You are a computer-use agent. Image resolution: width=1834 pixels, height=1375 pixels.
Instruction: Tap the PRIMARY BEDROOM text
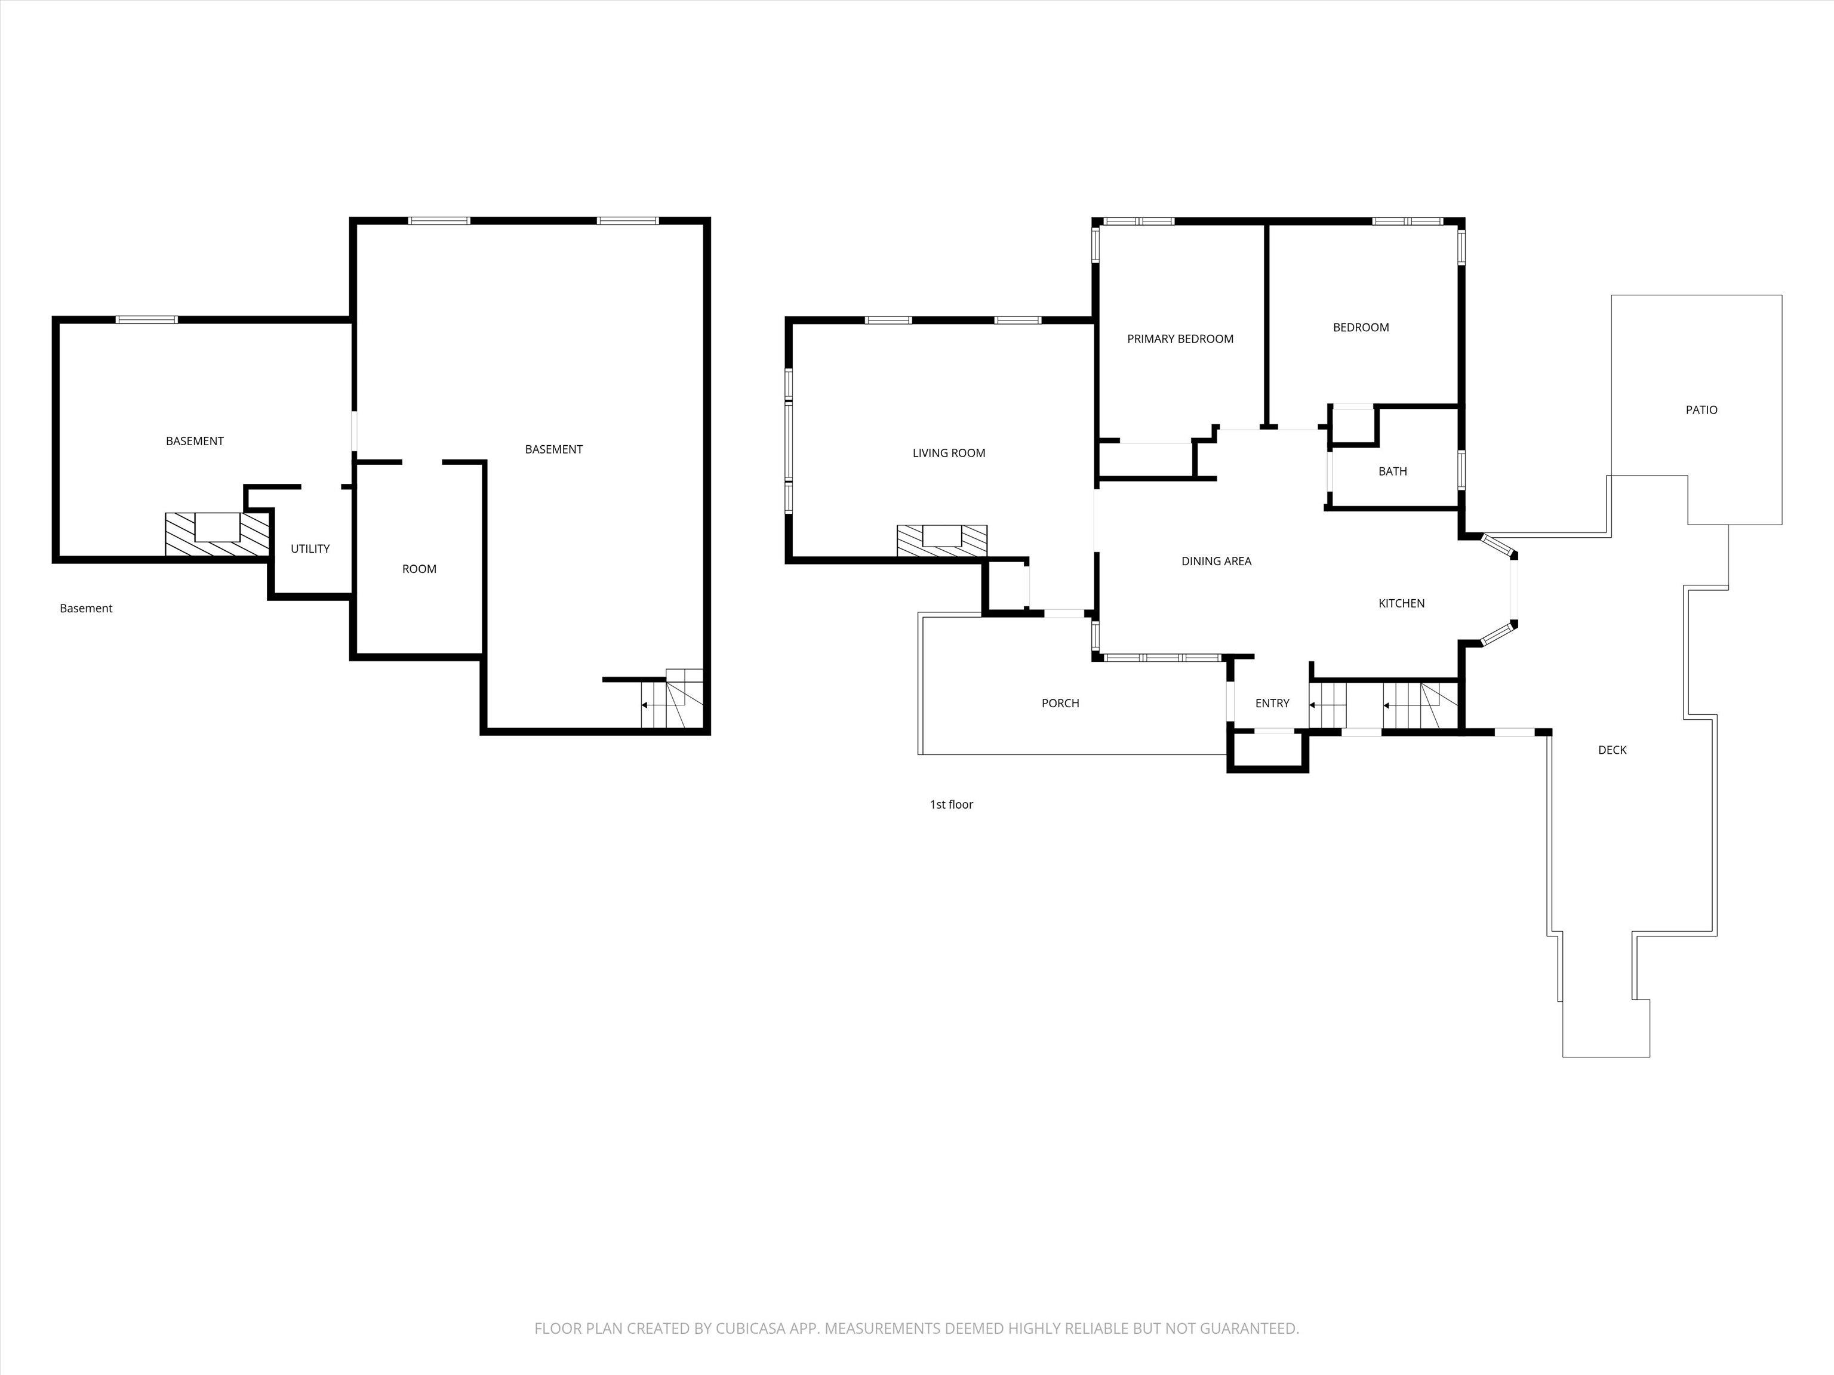coord(1180,339)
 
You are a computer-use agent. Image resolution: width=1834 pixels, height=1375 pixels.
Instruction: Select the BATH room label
coord(1392,471)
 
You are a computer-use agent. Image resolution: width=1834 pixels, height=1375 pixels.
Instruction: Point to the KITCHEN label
coord(1401,603)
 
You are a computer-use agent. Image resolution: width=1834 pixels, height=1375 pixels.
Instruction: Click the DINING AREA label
coord(1216,561)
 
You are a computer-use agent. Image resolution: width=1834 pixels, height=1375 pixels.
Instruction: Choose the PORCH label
coord(1060,704)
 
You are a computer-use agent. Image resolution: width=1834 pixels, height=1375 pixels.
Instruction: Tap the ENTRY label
coord(1272,704)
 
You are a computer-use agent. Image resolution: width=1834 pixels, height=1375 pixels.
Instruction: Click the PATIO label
coord(1701,410)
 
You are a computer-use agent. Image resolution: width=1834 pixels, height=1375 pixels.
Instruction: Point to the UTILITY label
coord(310,548)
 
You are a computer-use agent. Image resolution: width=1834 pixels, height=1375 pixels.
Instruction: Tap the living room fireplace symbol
coord(942,540)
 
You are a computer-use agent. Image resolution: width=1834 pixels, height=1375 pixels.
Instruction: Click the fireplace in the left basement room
coord(217,534)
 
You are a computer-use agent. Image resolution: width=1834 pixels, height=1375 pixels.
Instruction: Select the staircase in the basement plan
coord(672,699)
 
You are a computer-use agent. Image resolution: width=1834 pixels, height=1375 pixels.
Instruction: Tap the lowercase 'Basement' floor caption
coord(86,608)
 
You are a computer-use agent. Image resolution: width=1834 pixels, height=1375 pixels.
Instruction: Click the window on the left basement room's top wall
coord(147,320)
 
